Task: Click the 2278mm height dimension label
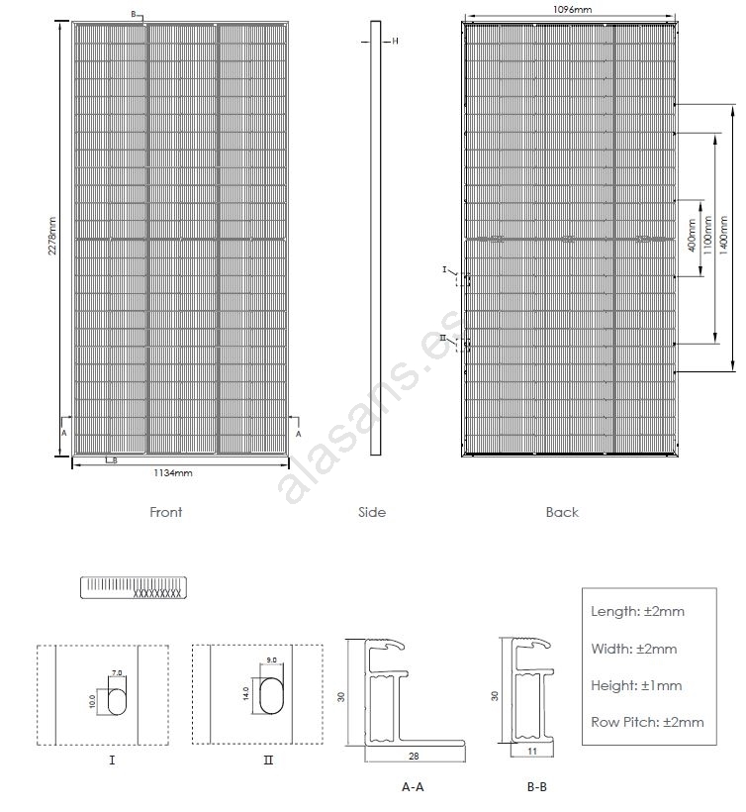pos(53,238)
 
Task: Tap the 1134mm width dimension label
pos(172,473)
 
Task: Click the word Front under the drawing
pos(165,512)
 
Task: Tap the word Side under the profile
pos(372,512)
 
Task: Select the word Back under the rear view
pos(562,512)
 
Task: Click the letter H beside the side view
pos(395,41)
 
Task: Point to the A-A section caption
pos(413,787)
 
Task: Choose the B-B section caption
pos(536,787)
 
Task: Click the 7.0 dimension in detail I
pos(117,672)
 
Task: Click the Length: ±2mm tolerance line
pos(637,611)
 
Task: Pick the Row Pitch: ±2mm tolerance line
pos(647,722)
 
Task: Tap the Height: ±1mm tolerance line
pos(635,685)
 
